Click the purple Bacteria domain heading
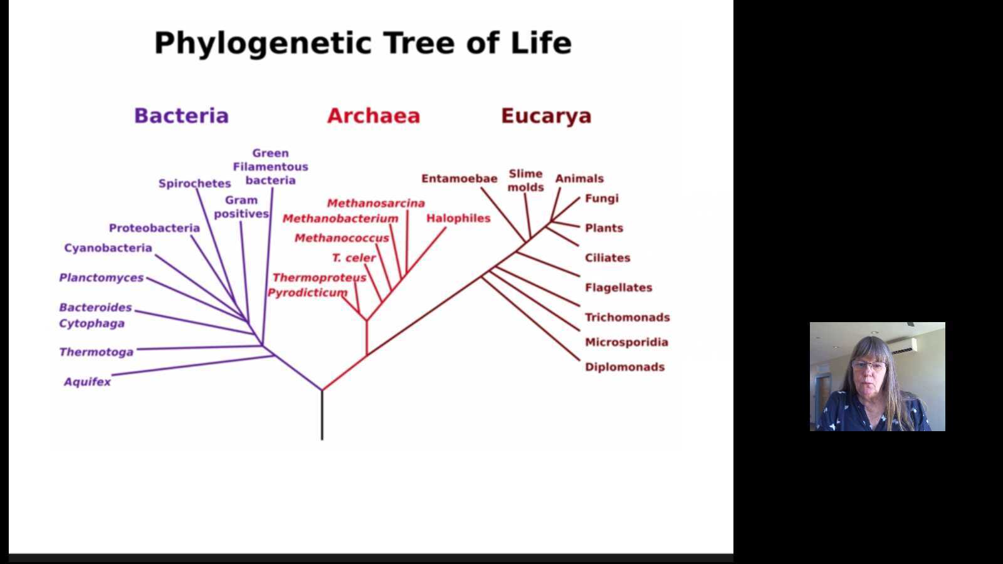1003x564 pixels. [x=181, y=115]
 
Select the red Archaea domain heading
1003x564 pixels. [x=374, y=115]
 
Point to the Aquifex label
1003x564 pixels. [x=87, y=382]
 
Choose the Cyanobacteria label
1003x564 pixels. [x=108, y=248]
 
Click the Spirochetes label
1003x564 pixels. [x=195, y=184]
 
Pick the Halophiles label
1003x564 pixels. [x=458, y=219]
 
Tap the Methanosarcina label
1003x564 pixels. [x=375, y=203]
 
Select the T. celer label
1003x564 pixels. [x=354, y=258]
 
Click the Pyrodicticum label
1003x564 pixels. [x=307, y=293]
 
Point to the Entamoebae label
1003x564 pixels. [x=459, y=179]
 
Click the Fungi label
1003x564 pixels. [x=602, y=199]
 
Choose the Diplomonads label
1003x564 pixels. [x=624, y=367]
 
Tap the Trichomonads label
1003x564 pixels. [x=628, y=317]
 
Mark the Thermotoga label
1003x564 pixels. [x=97, y=352]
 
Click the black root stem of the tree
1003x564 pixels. [x=322, y=415]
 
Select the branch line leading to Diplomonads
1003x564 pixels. [x=530, y=319]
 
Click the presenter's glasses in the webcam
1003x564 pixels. [x=869, y=366]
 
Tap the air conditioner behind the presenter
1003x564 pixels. [x=902, y=346]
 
